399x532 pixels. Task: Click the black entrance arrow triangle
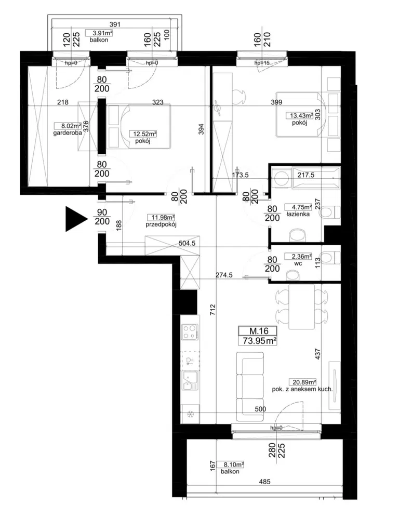click(75, 219)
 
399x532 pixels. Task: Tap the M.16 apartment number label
click(259, 331)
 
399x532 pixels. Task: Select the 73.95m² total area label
click(259, 341)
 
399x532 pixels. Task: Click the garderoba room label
click(68, 134)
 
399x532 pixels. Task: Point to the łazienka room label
click(298, 214)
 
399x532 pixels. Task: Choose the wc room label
click(298, 263)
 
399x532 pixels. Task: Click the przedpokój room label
click(161, 224)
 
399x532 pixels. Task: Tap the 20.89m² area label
click(302, 382)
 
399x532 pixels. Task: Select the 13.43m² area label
click(300, 116)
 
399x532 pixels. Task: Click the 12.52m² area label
click(142, 134)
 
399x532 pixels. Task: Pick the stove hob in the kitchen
click(190, 332)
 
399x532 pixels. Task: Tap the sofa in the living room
click(250, 387)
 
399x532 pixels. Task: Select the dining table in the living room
click(302, 307)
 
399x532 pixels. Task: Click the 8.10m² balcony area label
click(233, 465)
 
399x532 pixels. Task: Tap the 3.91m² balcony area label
click(99, 33)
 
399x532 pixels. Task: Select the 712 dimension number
click(212, 311)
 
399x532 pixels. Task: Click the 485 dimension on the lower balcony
click(264, 482)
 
